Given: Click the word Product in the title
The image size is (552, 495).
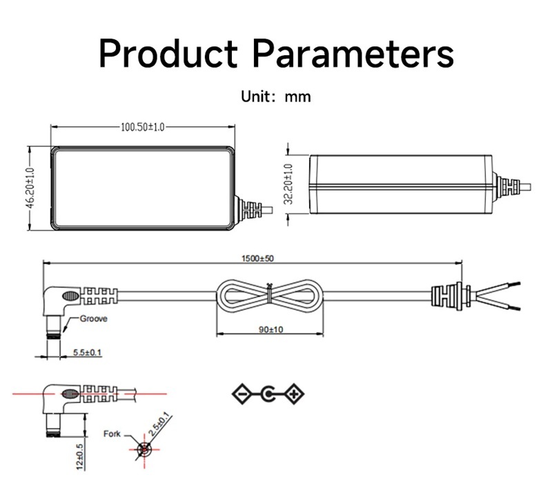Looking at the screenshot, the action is click(168, 53).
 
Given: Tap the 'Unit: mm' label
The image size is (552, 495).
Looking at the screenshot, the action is click(275, 97).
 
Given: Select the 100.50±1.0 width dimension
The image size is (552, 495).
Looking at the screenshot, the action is click(143, 127).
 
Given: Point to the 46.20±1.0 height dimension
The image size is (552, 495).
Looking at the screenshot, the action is click(30, 188).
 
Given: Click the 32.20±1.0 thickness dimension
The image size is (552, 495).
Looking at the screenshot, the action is click(288, 184).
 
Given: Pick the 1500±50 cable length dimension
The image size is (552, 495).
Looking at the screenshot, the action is click(257, 258).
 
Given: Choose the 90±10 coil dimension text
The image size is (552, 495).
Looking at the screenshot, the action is click(270, 329).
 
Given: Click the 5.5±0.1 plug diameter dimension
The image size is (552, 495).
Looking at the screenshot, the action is click(87, 352).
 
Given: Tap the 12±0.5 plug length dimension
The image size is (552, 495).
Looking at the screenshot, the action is click(80, 456).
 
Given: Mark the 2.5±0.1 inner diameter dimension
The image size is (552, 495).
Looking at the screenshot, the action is click(159, 425).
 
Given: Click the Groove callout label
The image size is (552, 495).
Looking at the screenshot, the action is click(93, 319).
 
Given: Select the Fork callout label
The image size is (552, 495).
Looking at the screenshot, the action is click(112, 434).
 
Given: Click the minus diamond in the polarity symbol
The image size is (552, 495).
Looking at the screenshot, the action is click(242, 394).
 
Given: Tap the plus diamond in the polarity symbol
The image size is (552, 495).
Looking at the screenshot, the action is click(294, 394).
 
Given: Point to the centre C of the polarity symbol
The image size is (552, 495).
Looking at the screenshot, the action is click(268, 394).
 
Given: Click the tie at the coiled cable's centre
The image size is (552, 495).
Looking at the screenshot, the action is click(270, 293).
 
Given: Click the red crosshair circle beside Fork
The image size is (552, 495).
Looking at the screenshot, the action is click(144, 449).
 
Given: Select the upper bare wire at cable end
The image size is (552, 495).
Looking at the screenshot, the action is click(497, 288).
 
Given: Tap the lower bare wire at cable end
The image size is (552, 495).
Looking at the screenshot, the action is click(497, 303).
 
